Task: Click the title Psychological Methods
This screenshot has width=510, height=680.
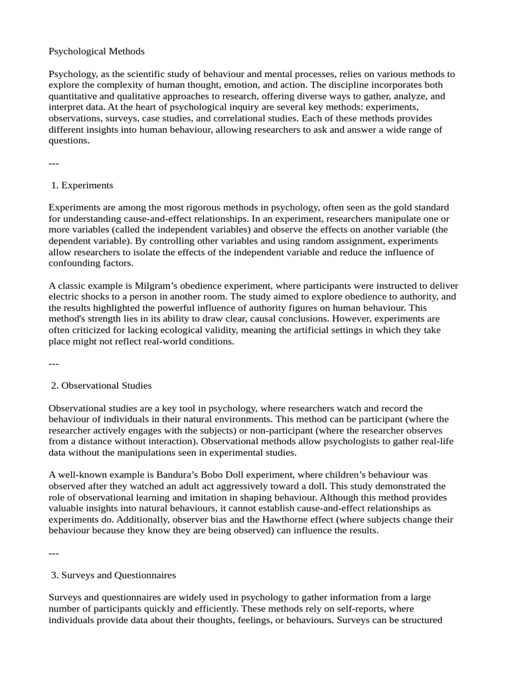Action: [96, 51]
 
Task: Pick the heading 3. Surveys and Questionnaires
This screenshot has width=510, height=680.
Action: [114, 574]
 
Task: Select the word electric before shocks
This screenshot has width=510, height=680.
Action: [64, 297]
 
